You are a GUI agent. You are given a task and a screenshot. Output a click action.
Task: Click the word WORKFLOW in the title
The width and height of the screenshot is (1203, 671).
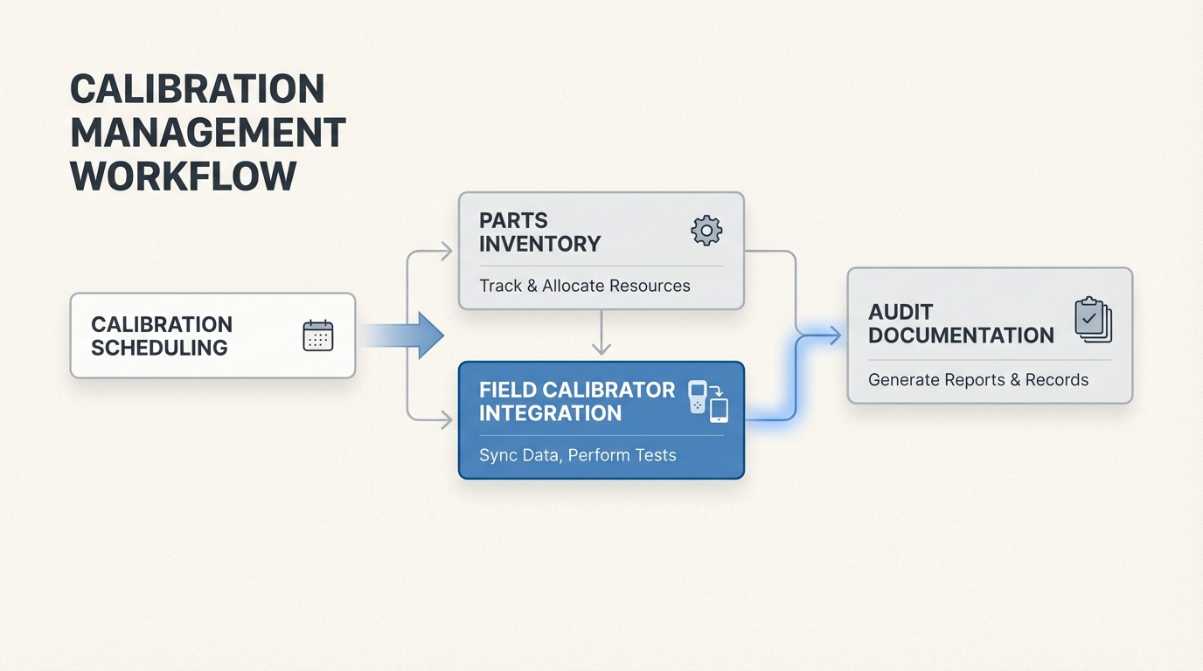[x=183, y=176]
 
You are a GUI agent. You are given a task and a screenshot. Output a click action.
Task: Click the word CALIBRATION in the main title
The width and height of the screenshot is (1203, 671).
[x=197, y=89]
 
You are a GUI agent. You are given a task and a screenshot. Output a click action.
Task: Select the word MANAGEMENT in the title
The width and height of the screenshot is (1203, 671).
[x=207, y=133]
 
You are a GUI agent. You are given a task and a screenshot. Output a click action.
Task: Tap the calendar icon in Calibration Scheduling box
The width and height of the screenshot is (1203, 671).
[x=317, y=335]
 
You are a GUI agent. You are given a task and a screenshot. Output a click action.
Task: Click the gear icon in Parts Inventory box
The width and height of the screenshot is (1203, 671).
[x=706, y=230]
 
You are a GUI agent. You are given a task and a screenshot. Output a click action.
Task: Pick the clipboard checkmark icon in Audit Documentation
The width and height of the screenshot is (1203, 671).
[x=1092, y=320]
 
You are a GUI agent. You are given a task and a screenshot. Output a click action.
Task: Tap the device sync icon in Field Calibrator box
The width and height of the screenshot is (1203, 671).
[x=708, y=401]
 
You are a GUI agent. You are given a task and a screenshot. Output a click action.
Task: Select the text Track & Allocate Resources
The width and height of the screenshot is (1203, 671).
[x=584, y=286]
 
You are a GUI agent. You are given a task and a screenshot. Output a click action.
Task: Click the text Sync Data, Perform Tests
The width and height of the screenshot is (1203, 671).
[x=577, y=455]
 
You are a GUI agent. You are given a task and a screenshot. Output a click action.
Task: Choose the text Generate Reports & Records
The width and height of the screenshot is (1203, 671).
[x=977, y=380]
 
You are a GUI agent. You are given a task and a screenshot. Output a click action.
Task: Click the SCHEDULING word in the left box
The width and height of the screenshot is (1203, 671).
[x=159, y=348]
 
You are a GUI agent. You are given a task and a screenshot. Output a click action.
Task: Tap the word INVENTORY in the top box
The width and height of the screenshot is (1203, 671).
[x=539, y=244]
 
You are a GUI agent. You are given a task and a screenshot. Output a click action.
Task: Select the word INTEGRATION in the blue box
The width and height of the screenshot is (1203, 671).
[x=550, y=413]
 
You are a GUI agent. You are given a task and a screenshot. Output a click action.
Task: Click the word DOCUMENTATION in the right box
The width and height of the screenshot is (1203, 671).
[x=961, y=335]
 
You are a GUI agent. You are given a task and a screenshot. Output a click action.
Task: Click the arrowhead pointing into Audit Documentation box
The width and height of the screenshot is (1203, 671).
[x=835, y=335]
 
